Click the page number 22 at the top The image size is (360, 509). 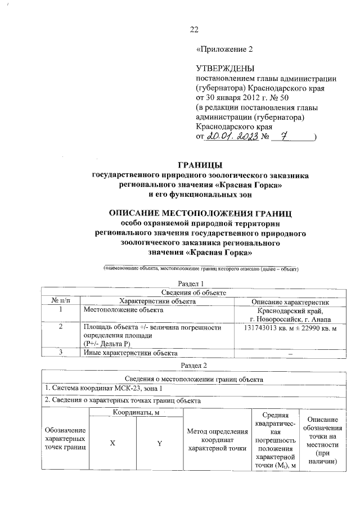[x=194, y=29]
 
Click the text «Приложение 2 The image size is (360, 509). [x=224, y=49]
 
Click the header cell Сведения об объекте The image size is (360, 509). [x=193, y=292]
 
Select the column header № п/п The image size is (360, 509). [x=58, y=301]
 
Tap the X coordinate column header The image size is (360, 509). [x=112, y=444]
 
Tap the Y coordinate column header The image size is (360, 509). [x=160, y=444]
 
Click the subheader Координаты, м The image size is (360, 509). [x=136, y=413]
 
